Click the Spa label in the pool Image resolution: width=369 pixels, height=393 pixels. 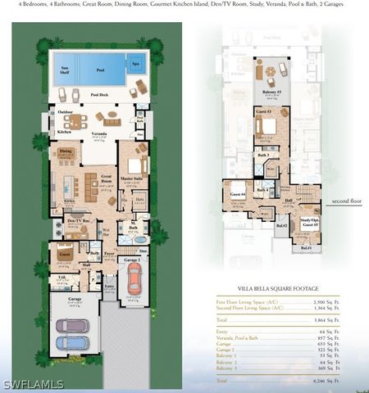135,64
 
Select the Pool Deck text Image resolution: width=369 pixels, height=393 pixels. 100,96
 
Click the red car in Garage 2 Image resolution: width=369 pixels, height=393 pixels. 134,278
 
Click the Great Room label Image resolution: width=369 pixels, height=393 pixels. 106,177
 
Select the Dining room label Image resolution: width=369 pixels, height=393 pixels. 66,151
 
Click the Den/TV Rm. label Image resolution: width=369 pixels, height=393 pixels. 78,221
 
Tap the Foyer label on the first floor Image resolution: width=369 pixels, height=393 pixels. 108,254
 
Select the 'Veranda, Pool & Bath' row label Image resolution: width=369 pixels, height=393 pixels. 244,337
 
